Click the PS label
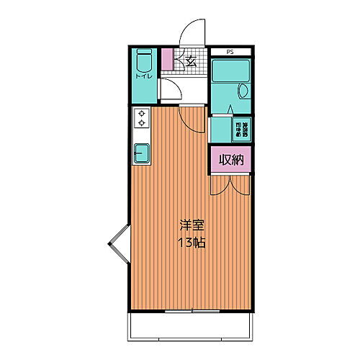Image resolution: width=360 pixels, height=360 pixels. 230,52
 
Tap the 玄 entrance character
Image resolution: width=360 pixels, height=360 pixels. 191,61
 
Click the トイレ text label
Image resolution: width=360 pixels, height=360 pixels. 143,74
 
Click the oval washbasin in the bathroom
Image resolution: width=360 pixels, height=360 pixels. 243,91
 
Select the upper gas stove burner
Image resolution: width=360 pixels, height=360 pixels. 142,113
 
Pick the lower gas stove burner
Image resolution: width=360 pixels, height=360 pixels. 142,123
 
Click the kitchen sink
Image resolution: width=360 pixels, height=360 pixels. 142,153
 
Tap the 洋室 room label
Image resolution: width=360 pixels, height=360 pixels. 192,225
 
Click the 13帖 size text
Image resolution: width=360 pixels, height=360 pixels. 192,243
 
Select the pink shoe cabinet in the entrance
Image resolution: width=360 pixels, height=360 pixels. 168,59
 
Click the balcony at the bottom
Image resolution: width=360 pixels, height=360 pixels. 191,329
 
